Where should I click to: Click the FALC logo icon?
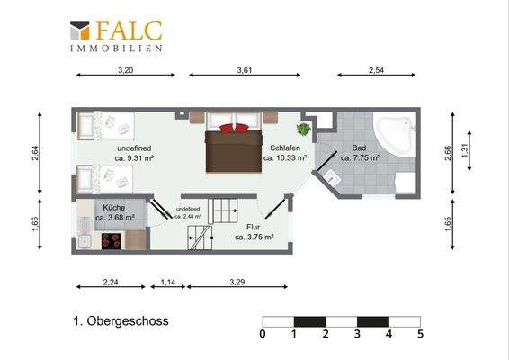pos(80,31)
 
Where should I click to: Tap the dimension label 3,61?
pos(245,70)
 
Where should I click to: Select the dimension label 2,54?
pos(376,70)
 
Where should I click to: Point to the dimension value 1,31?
pos(465,151)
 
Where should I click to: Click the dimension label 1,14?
pos(168,282)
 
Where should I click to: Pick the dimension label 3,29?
pos(237,282)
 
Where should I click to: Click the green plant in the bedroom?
pos(303,130)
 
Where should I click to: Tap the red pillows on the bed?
pos(235,129)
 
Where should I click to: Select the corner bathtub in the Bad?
pos(395,135)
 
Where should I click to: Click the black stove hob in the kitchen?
pos(112,241)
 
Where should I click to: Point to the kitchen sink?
pos(85,241)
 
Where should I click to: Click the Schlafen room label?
pos(285,148)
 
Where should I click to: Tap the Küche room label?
pos(114,207)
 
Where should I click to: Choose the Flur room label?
pos(253,227)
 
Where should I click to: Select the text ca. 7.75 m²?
pos(361,157)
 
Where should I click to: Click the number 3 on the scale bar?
pos(357,334)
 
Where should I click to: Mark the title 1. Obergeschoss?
pos(121,321)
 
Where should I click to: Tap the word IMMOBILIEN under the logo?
pos(116,49)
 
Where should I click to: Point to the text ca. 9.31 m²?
pos(134,158)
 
